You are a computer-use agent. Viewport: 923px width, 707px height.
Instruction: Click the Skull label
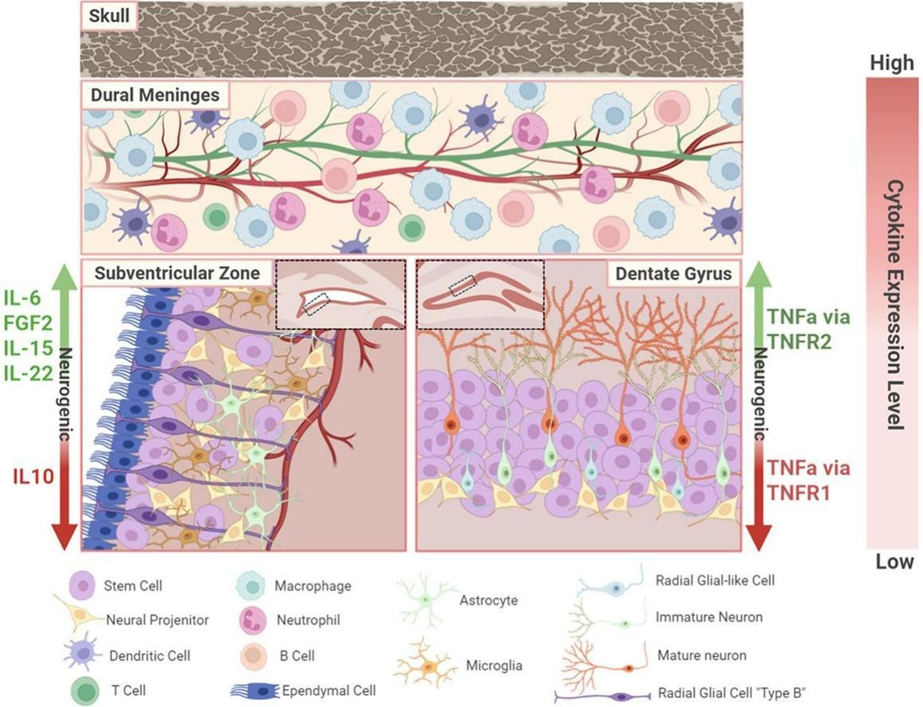point(109,15)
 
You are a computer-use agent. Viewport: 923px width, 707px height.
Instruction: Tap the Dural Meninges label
point(155,95)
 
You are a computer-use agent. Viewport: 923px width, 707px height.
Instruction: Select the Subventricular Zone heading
point(177,273)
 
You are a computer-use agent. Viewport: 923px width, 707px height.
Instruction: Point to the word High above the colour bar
point(892,63)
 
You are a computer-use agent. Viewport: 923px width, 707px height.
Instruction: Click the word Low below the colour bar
point(894,562)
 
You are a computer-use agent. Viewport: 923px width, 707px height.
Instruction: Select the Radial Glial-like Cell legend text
point(715,580)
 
